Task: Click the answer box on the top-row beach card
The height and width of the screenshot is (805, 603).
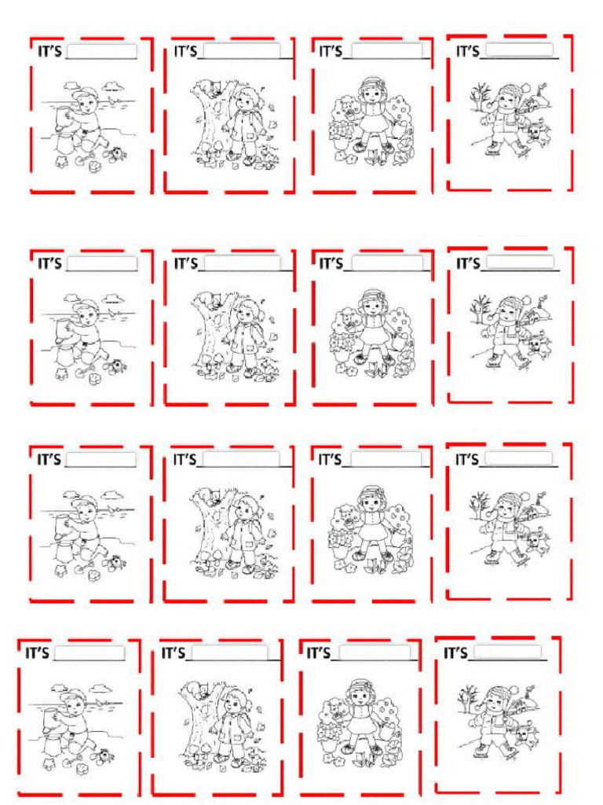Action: point(101,51)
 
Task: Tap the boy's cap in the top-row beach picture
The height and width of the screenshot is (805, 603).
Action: point(85,94)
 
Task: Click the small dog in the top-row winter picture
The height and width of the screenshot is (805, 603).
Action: point(536,134)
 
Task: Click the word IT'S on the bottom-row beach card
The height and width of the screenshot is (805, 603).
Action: point(37,653)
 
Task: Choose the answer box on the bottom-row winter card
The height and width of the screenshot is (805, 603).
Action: point(507,652)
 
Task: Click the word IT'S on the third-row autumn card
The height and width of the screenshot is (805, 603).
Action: point(185,459)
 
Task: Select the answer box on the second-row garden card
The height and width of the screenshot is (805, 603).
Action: point(387,263)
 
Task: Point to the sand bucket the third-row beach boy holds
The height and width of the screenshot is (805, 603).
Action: point(63,525)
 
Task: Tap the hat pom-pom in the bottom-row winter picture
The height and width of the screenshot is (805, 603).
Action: point(513,692)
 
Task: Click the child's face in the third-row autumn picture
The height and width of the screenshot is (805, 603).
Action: point(249,511)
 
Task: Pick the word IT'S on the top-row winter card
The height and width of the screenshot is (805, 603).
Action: point(468,51)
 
